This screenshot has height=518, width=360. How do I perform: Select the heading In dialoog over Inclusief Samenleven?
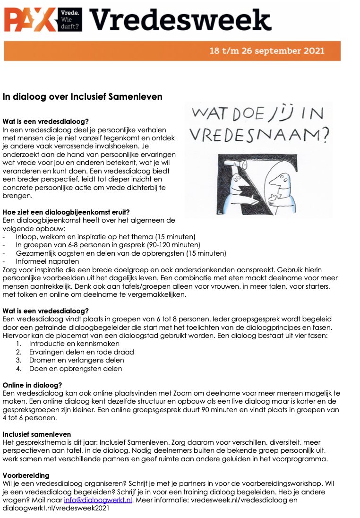[83, 97]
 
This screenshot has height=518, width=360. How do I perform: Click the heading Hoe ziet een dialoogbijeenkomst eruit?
[66, 212]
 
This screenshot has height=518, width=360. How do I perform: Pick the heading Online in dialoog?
[33, 385]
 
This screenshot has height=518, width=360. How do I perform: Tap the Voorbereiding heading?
[26, 475]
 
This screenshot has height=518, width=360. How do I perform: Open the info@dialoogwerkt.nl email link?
[98, 500]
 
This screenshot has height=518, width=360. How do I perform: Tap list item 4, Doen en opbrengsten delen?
[75, 369]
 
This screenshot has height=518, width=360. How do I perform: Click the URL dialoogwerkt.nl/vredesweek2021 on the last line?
[56, 508]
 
